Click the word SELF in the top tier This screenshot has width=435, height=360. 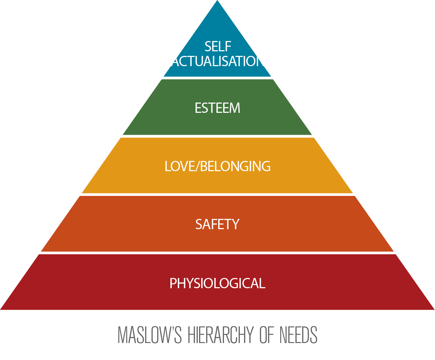218,46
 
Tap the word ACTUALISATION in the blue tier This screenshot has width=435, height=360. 217,62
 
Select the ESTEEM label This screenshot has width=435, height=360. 217,108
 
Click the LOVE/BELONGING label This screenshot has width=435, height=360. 217,166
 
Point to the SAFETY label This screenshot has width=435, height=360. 217,224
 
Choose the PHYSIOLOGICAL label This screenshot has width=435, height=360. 217,283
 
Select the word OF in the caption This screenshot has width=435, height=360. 267,335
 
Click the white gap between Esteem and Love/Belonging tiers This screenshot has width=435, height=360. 217,136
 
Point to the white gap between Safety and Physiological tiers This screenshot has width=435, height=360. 217,253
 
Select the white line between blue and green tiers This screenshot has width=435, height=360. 217,78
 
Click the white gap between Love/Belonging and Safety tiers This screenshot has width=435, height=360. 217,194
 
